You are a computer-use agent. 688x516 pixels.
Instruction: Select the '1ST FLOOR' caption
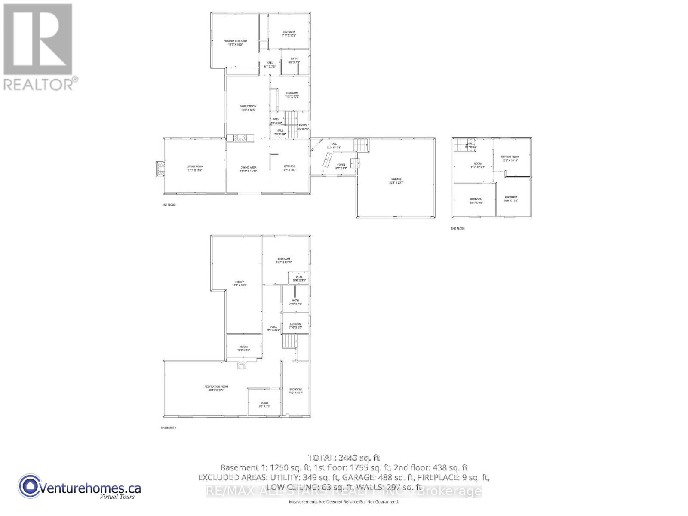click(169, 205)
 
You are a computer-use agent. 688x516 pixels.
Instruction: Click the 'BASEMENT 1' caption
click(168, 428)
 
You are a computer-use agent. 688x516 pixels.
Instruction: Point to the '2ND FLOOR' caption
click(458, 229)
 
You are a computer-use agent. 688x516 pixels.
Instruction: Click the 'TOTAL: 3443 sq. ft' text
click(344, 458)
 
